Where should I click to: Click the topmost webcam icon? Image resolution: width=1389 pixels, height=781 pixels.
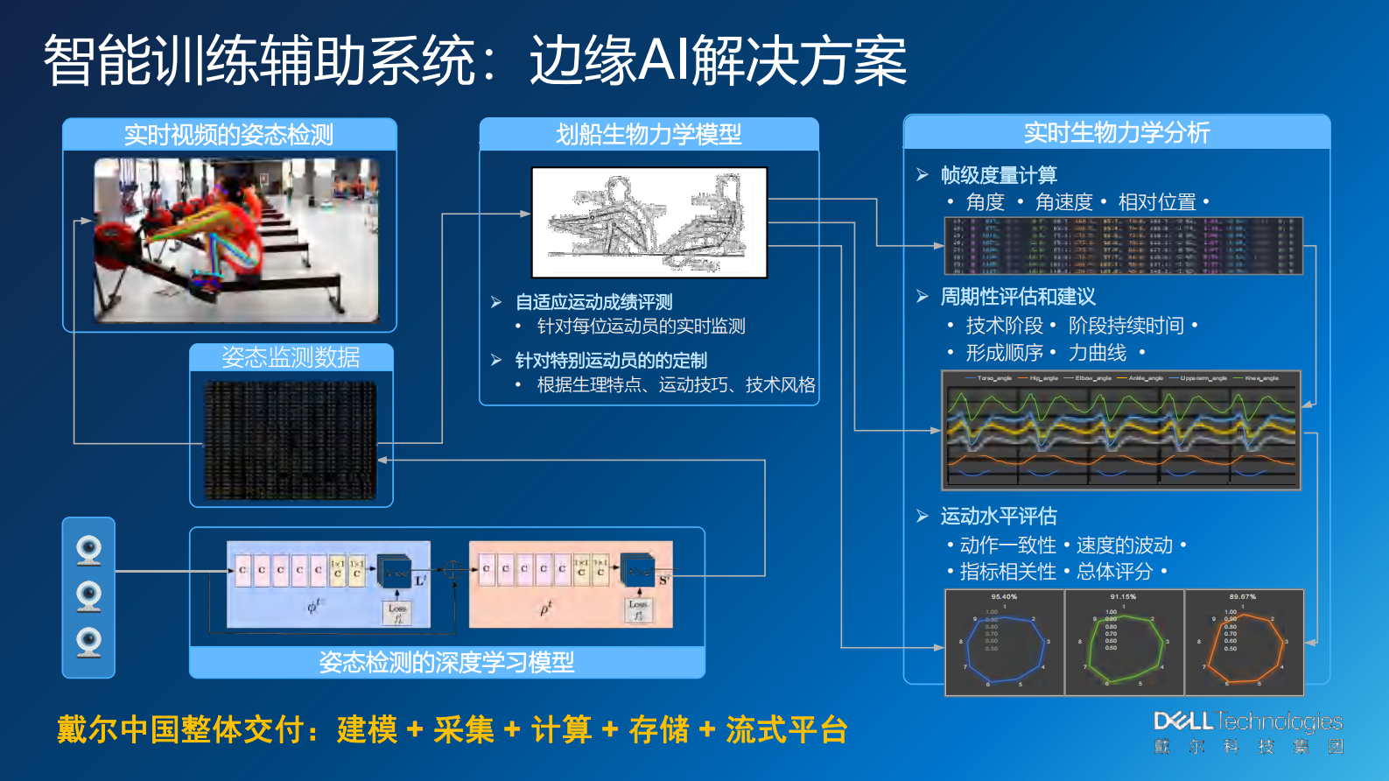coord(88,551)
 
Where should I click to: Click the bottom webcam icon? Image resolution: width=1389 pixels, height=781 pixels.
coord(88,642)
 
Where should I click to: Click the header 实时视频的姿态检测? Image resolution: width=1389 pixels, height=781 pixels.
coord(229,135)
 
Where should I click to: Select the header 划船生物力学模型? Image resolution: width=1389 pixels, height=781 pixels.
coord(649,134)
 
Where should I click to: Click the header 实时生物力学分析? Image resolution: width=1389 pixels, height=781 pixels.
coord(1117,132)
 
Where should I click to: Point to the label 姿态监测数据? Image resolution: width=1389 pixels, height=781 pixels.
coord(291,357)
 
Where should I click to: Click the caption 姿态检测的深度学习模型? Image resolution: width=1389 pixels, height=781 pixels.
coord(446,662)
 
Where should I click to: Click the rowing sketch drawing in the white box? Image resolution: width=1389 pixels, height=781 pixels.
coord(649,222)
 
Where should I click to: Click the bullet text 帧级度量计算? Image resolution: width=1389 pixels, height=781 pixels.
coord(999,175)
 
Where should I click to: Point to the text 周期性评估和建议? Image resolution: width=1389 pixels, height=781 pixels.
coord(1018,297)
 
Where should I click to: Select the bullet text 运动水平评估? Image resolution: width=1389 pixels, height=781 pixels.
coord(999,516)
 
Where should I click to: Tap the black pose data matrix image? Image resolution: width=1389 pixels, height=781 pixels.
coord(291,441)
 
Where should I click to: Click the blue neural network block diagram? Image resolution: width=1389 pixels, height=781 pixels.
coord(328,584)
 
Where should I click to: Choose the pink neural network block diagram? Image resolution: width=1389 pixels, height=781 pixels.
coord(571,584)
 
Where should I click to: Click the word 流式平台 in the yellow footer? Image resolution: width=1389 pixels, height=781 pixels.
coord(786,729)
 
